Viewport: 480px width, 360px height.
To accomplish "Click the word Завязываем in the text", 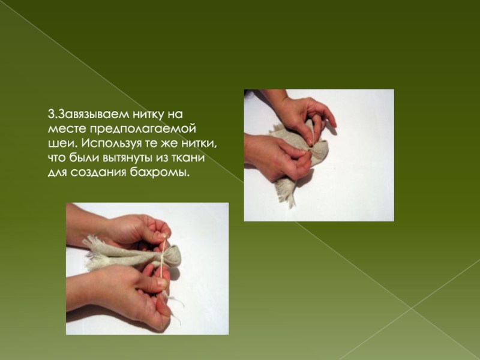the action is (93, 115).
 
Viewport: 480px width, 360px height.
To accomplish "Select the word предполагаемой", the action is (143, 129).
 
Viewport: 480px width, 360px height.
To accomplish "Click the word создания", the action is (98, 172).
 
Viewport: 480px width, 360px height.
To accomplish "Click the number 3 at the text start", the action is (51, 115).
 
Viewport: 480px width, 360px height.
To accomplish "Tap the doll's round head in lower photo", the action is (173, 255).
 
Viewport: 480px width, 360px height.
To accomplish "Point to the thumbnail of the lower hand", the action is (162, 283).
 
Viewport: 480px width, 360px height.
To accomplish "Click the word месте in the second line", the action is (67, 129).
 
